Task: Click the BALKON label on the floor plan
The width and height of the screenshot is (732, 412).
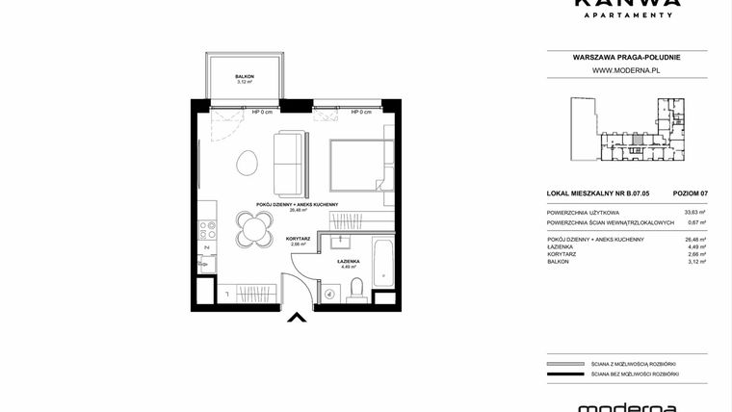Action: (244, 75)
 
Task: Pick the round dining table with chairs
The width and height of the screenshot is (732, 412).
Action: (253, 229)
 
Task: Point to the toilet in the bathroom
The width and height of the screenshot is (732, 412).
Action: (356, 286)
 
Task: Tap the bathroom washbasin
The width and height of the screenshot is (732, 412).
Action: (340, 240)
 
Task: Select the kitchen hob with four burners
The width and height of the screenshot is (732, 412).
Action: (205, 229)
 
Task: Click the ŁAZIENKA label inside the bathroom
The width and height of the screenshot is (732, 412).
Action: (348, 261)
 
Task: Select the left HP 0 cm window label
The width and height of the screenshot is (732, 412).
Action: (263, 112)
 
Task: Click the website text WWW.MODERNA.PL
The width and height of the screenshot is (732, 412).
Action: (625, 70)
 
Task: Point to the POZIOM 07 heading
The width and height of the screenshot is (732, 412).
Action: (690, 193)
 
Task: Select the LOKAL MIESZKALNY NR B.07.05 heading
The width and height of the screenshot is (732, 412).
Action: (597, 193)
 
